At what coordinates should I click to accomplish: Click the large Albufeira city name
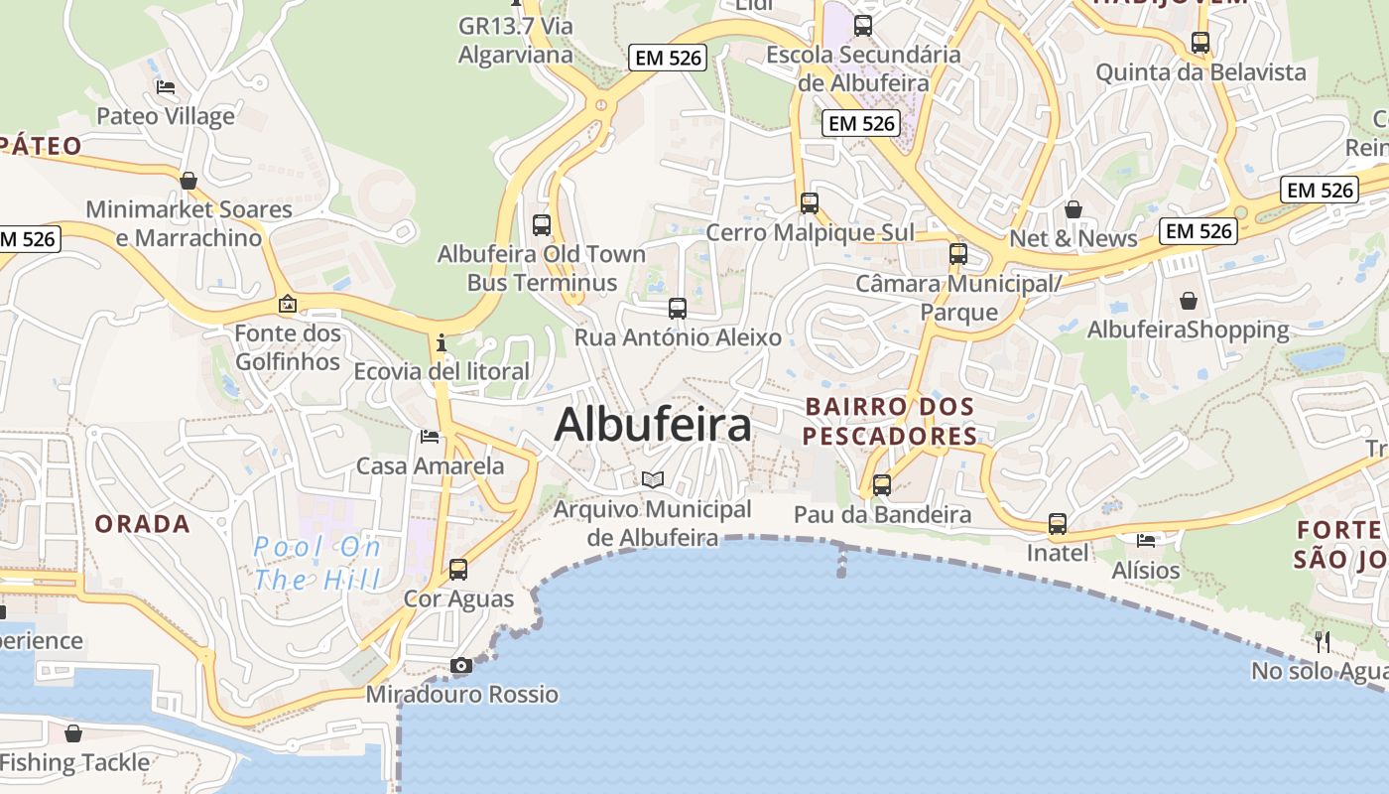[x=653, y=425]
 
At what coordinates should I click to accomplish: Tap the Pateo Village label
[x=166, y=116]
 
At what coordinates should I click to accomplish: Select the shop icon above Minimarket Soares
[x=189, y=181]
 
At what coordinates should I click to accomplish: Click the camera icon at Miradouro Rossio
[x=461, y=666]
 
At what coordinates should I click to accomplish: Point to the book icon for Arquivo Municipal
[x=653, y=480]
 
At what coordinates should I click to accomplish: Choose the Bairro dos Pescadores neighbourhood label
[x=890, y=422]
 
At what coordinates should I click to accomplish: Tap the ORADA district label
[x=142, y=524]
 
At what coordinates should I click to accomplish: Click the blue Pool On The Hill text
[x=317, y=563]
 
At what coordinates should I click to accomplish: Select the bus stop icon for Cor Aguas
[x=458, y=570]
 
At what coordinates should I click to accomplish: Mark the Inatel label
[x=1058, y=553]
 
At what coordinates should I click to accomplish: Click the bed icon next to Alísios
[x=1147, y=541]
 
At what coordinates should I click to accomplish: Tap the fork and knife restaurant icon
[x=1322, y=641]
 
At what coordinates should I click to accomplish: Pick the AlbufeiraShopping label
[x=1189, y=330]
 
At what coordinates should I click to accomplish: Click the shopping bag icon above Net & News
[x=1073, y=209]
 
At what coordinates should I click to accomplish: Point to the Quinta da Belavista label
[x=1200, y=72]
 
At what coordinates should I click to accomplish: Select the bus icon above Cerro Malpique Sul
[x=810, y=203]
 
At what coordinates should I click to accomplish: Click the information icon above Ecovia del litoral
[x=442, y=343]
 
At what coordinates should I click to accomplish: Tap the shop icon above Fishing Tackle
[x=73, y=734]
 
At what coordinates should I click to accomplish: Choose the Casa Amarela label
[x=430, y=465]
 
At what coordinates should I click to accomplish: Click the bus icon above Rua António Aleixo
[x=678, y=309]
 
